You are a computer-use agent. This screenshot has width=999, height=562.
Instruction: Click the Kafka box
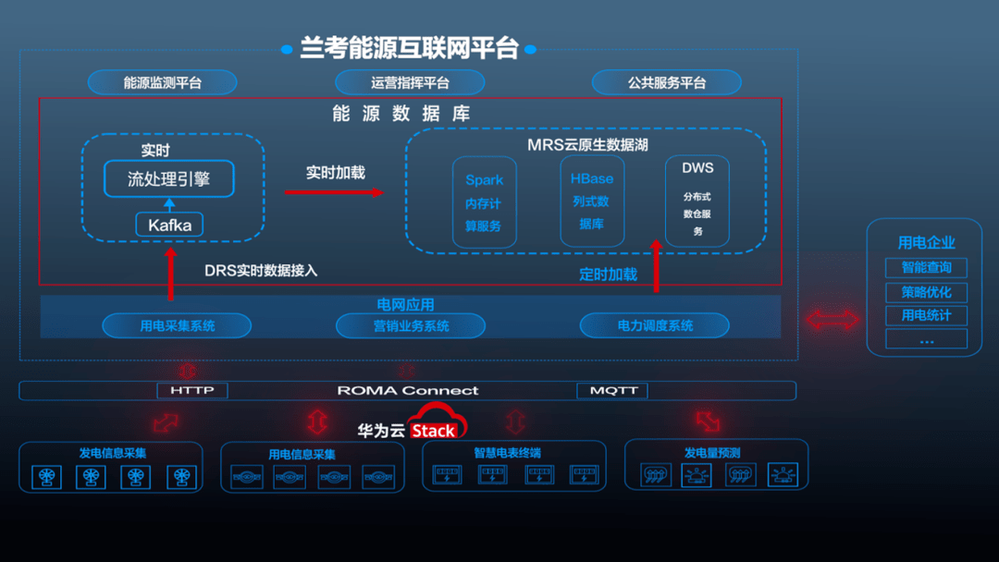(x=169, y=225)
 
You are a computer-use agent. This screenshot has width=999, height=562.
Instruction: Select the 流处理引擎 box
(x=169, y=178)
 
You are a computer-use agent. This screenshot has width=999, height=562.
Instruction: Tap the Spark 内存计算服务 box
(x=484, y=202)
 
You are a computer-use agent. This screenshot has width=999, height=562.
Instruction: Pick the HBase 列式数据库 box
(x=592, y=201)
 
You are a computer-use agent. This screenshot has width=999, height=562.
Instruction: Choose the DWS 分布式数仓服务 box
(x=697, y=201)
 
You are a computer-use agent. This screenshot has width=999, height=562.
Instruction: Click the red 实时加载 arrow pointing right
(x=334, y=191)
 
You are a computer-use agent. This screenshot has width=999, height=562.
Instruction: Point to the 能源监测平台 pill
(x=163, y=82)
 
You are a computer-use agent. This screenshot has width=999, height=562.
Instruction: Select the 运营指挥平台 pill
(x=410, y=82)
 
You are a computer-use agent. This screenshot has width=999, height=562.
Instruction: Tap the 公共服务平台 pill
(x=666, y=82)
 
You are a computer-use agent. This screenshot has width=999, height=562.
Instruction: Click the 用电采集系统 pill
(x=177, y=326)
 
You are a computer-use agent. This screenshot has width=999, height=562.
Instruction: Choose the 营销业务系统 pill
(x=411, y=326)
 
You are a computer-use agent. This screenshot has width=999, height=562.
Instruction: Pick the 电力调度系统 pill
(x=655, y=326)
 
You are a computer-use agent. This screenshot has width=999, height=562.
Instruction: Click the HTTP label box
(x=192, y=390)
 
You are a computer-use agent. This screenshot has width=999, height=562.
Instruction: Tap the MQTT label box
(x=612, y=390)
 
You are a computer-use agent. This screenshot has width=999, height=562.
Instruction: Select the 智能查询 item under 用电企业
(x=926, y=267)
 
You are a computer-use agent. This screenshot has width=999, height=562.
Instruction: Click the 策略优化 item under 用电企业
(x=926, y=292)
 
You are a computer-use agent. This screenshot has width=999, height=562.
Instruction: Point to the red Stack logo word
(x=433, y=431)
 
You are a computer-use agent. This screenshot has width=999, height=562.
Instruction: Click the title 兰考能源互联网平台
(x=409, y=48)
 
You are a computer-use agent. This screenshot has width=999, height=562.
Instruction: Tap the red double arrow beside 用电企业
(x=832, y=319)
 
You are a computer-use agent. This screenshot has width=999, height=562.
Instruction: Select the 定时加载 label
(x=608, y=275)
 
